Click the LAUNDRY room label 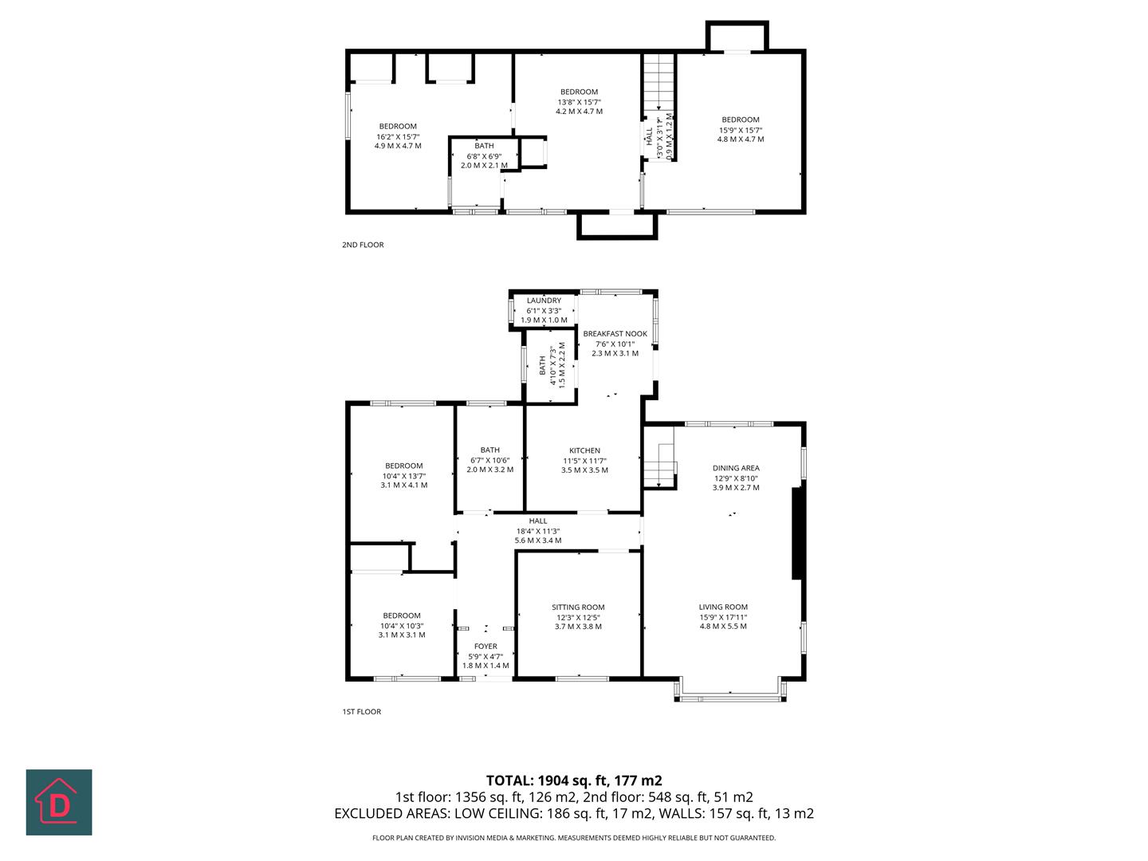coord(544,301)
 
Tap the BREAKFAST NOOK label coord(615,334)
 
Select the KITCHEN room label coord(584,450)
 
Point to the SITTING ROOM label coord(578,607)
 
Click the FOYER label coord(486,647)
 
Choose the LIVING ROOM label coord(723,607)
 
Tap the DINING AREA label coord(736,468)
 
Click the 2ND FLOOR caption coord(363,245)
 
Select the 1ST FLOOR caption coord(362,712)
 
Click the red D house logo coord(59,802)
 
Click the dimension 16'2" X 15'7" coord(398,136)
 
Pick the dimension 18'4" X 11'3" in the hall coord(537,531)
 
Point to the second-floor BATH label coord(484,146)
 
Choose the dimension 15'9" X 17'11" coord(723,617)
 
